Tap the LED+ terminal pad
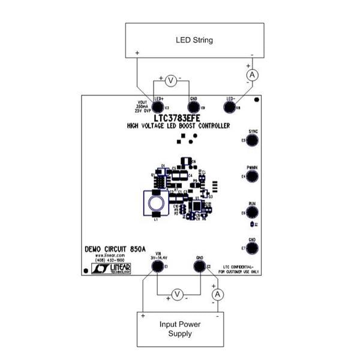pyautogui.click(x=159, y=107)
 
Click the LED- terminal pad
pyautogui.click(x=231, y=107)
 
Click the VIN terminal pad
pyautogui.click(x=158, y=266)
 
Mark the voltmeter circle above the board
pyautogui.click(x=170, y=80)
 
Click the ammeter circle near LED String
pyautogui.click(x=252, y=74)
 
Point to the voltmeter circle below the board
pyautogui.click(x=177, y=293)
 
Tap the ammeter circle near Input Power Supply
pyautogui.click(x=218, y=294)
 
